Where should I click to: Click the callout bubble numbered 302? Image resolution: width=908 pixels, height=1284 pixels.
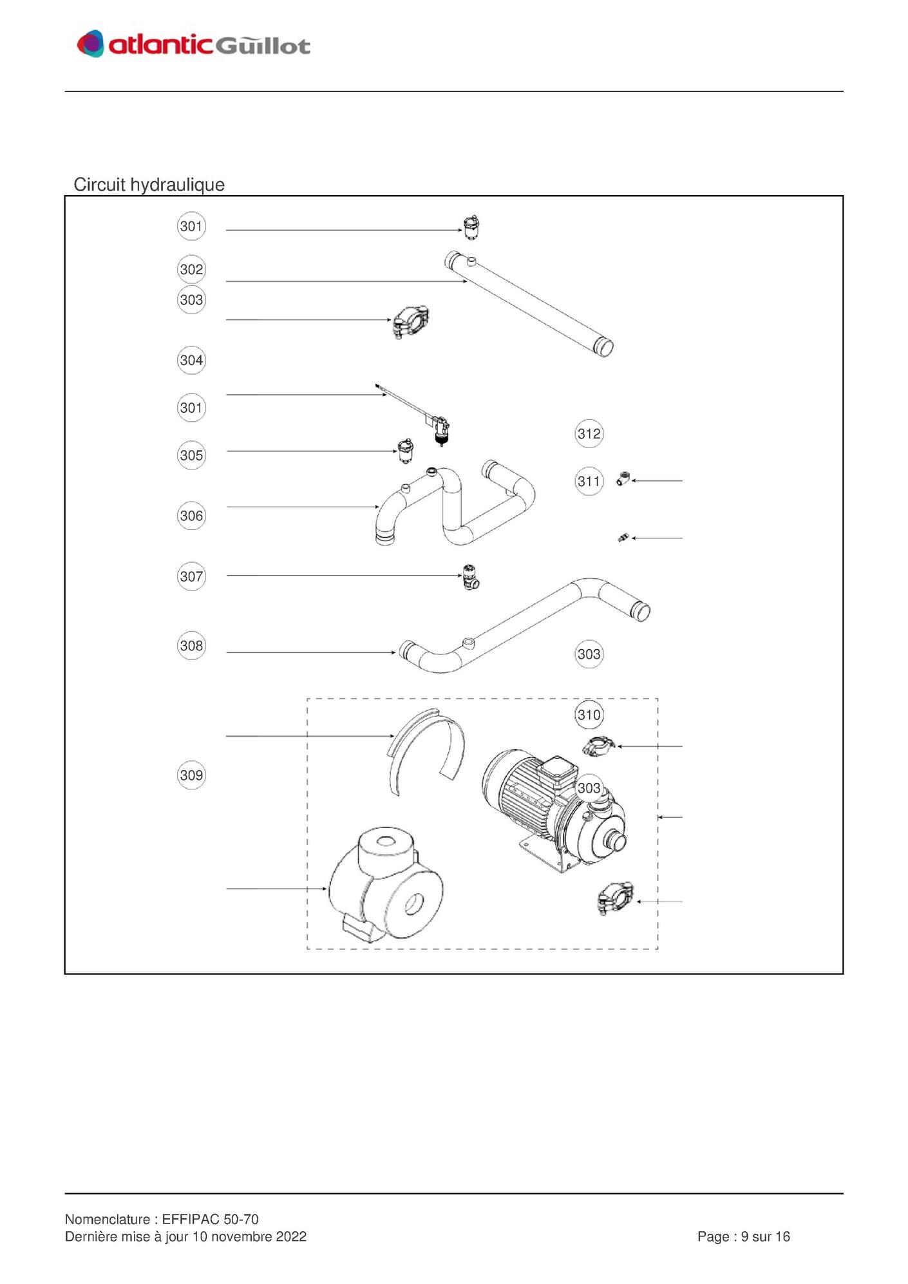tap(191, 269)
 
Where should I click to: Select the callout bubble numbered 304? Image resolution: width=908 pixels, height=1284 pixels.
tap(191, 360)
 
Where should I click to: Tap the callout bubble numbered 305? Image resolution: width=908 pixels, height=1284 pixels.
tap(191, 455)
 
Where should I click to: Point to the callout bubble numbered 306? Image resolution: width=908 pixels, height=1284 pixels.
tap(191, 516)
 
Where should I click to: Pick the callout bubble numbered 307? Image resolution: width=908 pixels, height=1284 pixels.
tap(191, 576)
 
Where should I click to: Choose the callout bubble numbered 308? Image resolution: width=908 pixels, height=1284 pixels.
tap(191, 645)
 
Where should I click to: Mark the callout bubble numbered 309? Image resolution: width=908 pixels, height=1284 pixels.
tap(191, 775)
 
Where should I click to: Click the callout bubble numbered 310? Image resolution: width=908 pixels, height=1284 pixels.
tap(589, 715)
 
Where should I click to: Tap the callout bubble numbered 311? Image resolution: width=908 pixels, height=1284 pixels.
tap(589, 481)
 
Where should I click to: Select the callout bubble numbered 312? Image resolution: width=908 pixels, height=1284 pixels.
tap(589, 433)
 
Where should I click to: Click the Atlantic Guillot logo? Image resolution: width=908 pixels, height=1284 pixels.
tap(193, 44)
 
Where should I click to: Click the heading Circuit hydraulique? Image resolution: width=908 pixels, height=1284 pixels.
tap(149, 185)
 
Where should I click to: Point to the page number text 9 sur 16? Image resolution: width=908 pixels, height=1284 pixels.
tap(765, 1237)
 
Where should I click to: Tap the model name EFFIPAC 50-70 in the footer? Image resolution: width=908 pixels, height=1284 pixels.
tap(210, 1220)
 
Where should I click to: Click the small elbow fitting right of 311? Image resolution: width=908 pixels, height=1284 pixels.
tap(622, 479)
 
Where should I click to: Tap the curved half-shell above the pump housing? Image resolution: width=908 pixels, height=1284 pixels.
tap(426, 751)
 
